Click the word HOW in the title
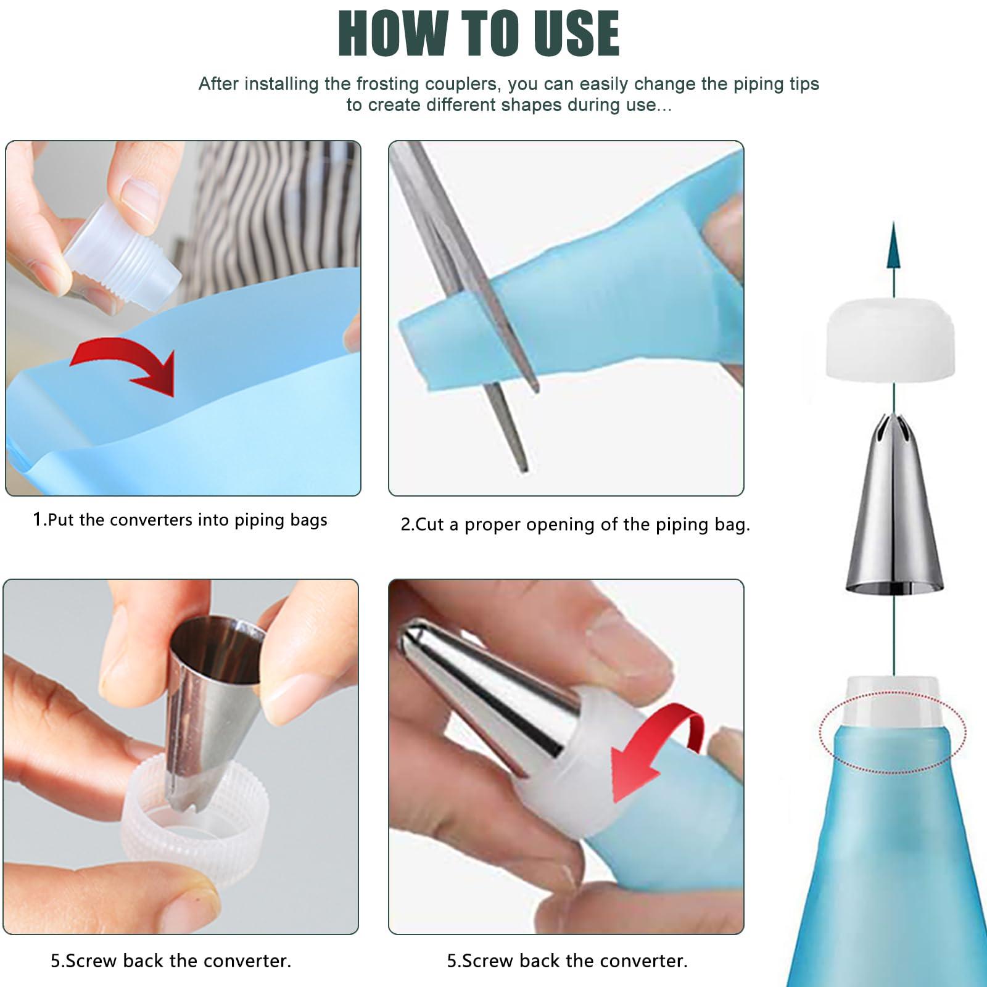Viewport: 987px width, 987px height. tap(393, 34)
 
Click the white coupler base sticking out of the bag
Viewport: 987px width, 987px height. tap(893, 700)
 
